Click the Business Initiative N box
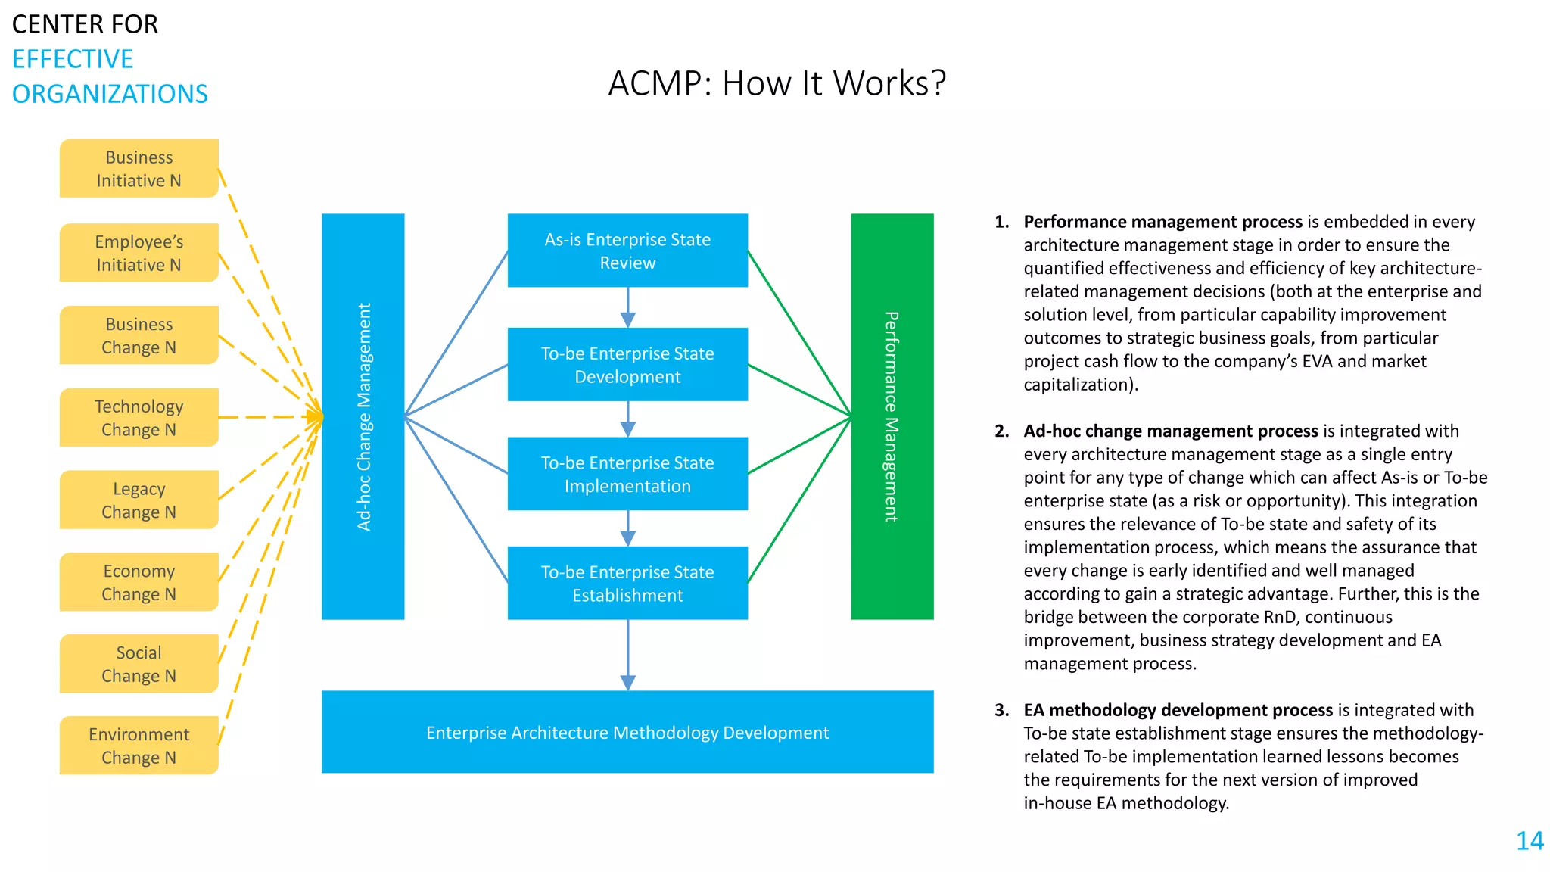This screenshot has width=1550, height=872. (x=139, y=169)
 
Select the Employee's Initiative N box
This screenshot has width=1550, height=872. (x=139, y=253)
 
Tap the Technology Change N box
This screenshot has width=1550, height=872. (x=139, y=418)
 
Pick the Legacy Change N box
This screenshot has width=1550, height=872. (x=139, y=500)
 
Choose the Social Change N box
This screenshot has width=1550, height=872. (x=139, y=664)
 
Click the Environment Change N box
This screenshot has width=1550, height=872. (x=139, y=746)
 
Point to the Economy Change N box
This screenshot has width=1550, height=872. (x=139, y=582)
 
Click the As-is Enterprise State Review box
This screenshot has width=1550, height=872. (x=627, y=251)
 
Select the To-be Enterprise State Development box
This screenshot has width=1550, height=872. (x=627, y=365)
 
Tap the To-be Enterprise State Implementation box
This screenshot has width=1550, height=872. (x=627, y=474)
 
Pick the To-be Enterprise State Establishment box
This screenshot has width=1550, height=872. (x=627, y=584)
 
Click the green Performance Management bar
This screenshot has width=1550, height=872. (x=892, y=416)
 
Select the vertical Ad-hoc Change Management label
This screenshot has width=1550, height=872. (x=364, y=416)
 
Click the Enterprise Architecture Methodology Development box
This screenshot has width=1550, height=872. (x=627, y=732)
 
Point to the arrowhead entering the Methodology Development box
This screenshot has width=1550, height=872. (x=627, y=683)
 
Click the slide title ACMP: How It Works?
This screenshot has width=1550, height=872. (x=777, y=83)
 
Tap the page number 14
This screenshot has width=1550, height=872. (x=1530, y=841)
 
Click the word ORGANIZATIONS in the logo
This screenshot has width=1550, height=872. (x=110, y=94)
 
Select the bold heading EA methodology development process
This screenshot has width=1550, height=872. (x=1178, y=710)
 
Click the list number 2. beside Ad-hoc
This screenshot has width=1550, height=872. (x=1002, y=431)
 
